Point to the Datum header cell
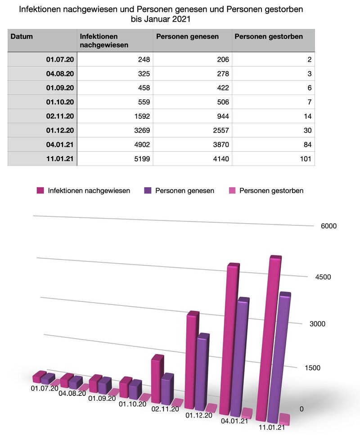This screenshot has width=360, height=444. [x=22, y=36]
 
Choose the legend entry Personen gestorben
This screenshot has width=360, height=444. [x=271, y=191]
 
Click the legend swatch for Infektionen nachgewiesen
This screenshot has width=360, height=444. [x=40, y=191]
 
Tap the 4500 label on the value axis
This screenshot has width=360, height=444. [x=323, y=277]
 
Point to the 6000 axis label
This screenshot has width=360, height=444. [x=328, y=226]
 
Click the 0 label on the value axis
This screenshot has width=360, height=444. [x=301, y=409]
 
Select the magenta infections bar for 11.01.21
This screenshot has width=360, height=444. [x=268, y=337]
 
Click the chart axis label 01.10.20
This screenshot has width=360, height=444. [x=132, y=404]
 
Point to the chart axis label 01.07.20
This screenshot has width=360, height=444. [x=45, y=388]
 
